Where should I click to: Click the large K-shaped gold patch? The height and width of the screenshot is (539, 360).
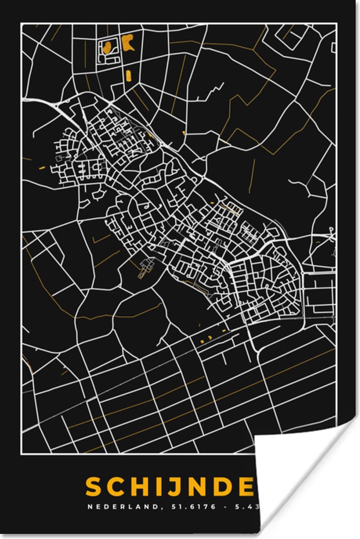coord(128,42)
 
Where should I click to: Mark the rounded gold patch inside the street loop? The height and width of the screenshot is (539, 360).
coord(107,47)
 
